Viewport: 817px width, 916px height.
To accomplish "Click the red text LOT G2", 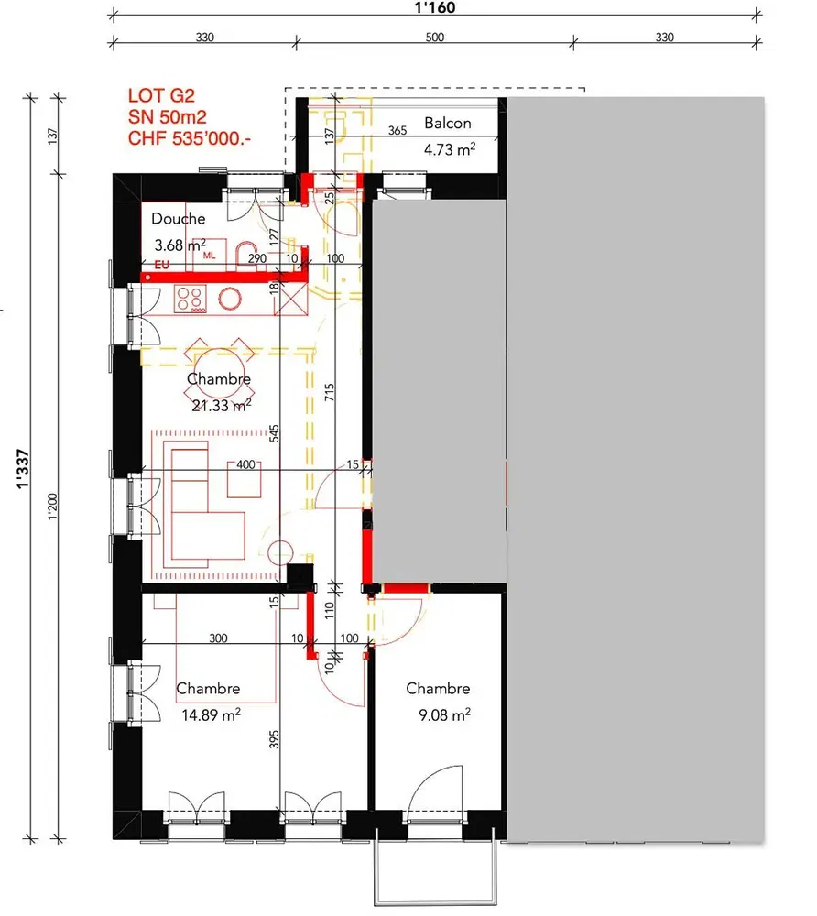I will pyautogui.click(x=161, y=94).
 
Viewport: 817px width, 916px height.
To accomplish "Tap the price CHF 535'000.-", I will pyautogui.click(x=191, y=137).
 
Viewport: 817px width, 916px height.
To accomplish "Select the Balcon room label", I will pyautogui.click(x=448, y=124).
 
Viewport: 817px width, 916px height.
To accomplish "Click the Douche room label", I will pyautogui.click(x=179, y=219).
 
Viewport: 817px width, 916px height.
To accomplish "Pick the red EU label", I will pyautogui.click(x=161, y=265).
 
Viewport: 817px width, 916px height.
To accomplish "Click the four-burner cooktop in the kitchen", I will pyautogui.click(x=193, y=297).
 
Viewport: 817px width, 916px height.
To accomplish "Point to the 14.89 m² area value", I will pyautogui.click(x=208, y=714).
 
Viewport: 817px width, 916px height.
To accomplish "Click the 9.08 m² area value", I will pyautogui.click(x=439, y=714).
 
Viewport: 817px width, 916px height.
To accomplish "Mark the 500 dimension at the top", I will pyautogui.click(x=435, y=38).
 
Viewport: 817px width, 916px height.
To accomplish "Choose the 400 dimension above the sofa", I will pyautogui.click(x=245, y=464).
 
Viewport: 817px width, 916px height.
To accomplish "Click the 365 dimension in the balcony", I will pyautogui.click(x=397, y=131).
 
